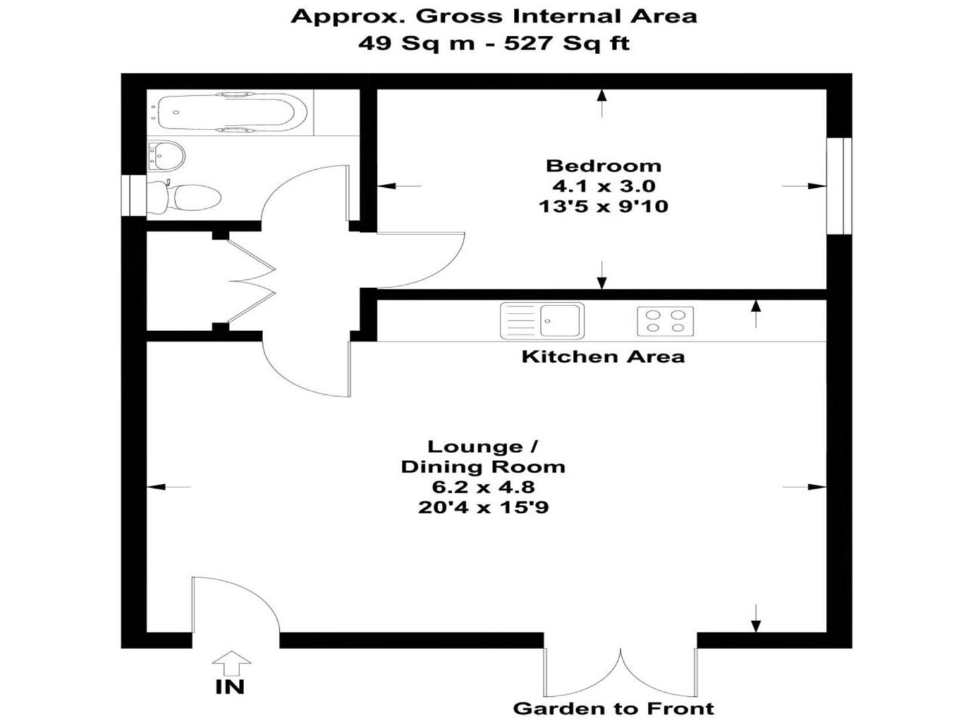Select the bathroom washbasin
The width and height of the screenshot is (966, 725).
(167, 156)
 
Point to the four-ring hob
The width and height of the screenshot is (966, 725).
(665, 321)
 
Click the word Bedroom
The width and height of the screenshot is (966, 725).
(603, 166)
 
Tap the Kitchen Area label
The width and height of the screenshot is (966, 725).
(603, 356)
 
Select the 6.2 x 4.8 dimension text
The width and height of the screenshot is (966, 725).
(483, 487)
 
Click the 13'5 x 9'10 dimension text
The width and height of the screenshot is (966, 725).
(603, 205)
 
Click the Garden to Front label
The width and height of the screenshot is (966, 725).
(613, 708)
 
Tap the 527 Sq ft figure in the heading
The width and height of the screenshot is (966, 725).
(567, 44)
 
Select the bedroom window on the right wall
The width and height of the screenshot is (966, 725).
(839, 186)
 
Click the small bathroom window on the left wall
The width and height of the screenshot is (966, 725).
(134, 195)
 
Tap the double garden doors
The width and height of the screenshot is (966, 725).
(621, 671)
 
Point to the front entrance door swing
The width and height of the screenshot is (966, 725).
(235, 604)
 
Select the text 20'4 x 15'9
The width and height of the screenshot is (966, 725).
(483, 507)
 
